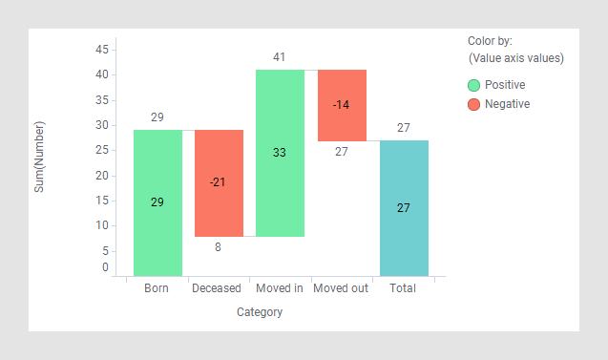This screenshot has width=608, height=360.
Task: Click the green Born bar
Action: (157, 229)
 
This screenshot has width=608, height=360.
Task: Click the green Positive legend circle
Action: (473, 85)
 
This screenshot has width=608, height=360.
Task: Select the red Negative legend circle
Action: (473, 104)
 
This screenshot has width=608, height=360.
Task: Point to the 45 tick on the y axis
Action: (101, 49)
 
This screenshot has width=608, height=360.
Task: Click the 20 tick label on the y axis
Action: (101, 176)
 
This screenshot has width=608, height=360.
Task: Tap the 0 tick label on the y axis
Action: (105, 267)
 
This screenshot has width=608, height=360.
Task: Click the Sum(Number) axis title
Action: (40, 157)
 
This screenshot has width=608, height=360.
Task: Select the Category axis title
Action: (260, 312)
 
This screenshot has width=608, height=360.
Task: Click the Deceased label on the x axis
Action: (219, 288)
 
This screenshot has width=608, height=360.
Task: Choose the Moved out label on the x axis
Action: (341, 288)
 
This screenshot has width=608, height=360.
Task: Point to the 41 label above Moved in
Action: (279, 57)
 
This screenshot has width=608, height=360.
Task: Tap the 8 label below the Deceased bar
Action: (218, 247)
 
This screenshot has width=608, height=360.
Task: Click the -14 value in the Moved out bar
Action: (341, 104)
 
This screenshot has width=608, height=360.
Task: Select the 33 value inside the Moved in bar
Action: (280, 152)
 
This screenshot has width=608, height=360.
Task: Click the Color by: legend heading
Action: (490, 41)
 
